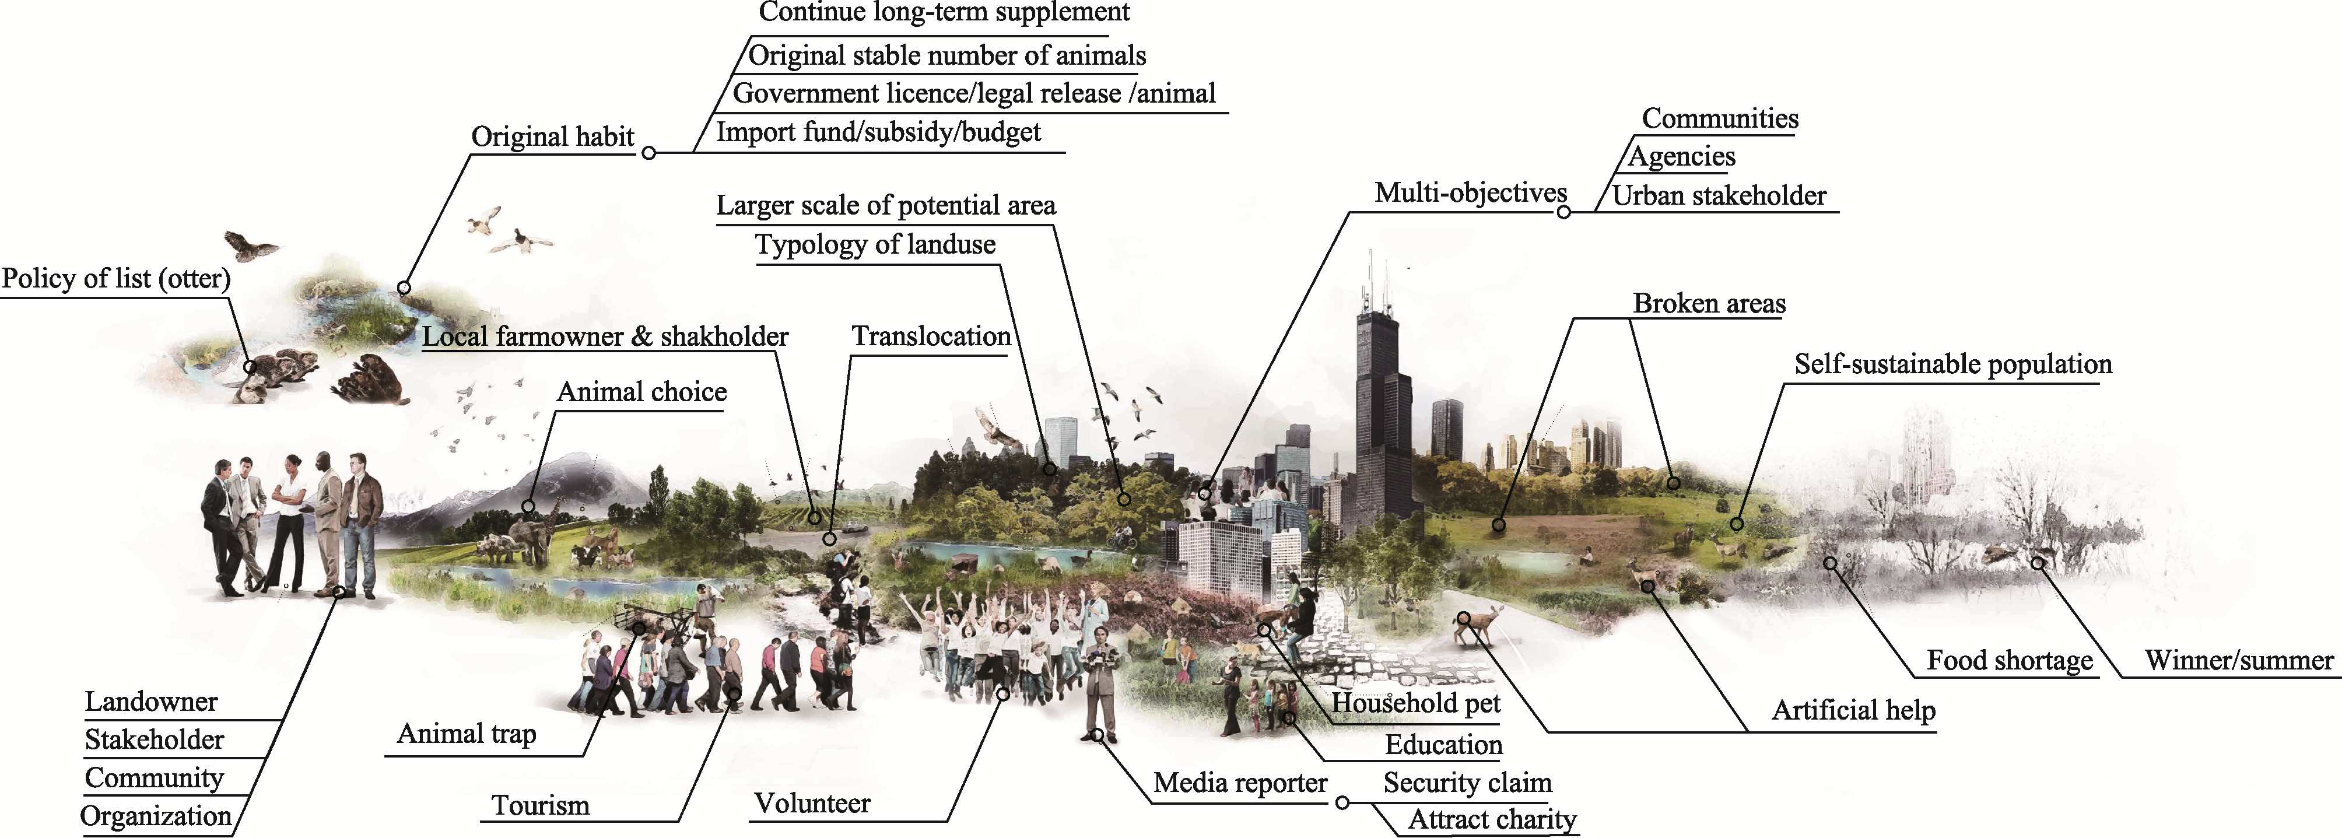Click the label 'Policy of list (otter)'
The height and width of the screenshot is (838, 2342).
click(x=115, y=278)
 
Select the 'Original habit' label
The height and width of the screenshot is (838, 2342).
click(x=552, y=136)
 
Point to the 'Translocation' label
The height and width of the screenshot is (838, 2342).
click(x=930, y=336)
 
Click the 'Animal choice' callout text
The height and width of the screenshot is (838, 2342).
click(x=641, y=392)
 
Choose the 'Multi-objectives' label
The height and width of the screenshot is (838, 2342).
click(x=1470, y=192)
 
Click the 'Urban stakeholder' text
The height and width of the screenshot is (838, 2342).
click(x=1719, y=195)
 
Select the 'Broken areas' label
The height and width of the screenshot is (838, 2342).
click(x=1708, y=304)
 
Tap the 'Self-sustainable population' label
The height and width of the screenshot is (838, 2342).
click(x=1952, y=364)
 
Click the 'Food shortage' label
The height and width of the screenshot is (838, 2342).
click(x=2009, y=660)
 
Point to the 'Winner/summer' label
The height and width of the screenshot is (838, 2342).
click(x=2238, y=660)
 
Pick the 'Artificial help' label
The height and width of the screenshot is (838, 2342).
click(x=1853, y=710)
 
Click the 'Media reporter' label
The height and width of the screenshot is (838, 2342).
click(x=1240, y=783)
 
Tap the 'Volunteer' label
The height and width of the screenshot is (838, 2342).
click(x=811, y=804)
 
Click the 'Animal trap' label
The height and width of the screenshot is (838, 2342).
click(x=467, y=734)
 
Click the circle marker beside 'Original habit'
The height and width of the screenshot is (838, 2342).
click(x=648, y=153)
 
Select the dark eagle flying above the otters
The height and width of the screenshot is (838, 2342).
click(x=250, y=246)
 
